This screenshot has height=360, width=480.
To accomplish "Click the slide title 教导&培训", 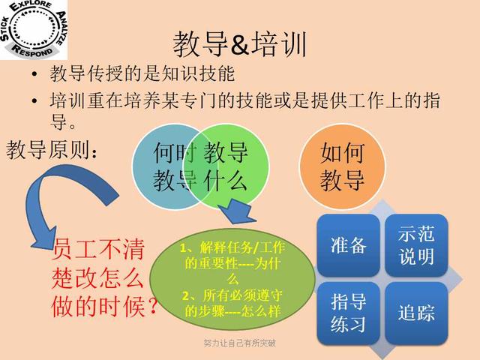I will click(x=239, y=44).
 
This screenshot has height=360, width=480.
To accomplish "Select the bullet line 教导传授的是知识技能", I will click(x=142, y=74).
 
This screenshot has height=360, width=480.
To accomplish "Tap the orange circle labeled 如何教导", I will click(x=341, y=165).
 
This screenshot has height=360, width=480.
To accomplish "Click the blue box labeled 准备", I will click(x=348, y=244).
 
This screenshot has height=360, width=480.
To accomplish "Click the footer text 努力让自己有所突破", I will click(x=239, y=343).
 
